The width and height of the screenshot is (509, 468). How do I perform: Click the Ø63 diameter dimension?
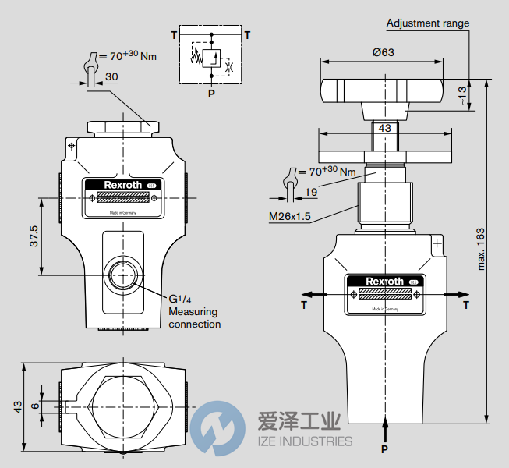pyautogui.click(x=382, y=53)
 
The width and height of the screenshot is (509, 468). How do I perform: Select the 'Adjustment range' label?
pyautogui.click(x=428, y=23)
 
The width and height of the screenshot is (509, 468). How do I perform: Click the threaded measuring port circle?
pyautogui.click(x=122, y=275)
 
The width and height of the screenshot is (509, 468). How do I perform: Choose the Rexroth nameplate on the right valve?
pyautogui.click(x=386, y=293)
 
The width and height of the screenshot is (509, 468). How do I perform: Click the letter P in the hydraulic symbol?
pyautogui.click(x=210, y=93)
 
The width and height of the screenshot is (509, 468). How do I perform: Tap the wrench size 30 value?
pyautogui.click(x=111, y=76)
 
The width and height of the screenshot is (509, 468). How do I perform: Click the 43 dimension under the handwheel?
pyautogui.click(x=384, y=127)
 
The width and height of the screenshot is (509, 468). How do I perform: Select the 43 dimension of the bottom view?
pyautogui.click(x=17, y=406)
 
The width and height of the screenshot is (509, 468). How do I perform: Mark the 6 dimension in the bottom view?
pyautogui.click(x=34, y=406)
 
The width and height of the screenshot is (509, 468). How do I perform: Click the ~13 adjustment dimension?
pyautogui.click(x=462, y=95)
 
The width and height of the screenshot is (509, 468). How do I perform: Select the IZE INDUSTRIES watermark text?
pyautogui.click(x=304, y=441)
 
